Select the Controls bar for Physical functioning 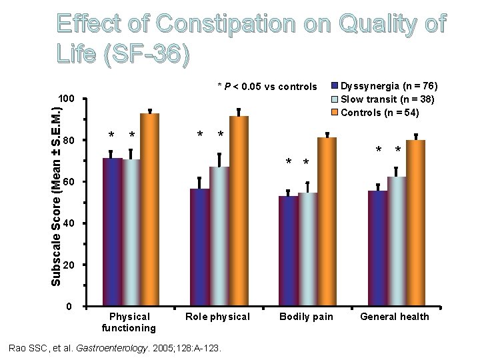pyautogui.click(x=149, y=210)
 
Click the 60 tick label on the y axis pyautogui.click(x=68, y=182)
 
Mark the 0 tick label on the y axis pyautogui.click(x=71, y=307)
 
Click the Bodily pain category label pyautogui.click(x=306, y=317)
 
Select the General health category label pyautogui.click(x=395, y=317)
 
